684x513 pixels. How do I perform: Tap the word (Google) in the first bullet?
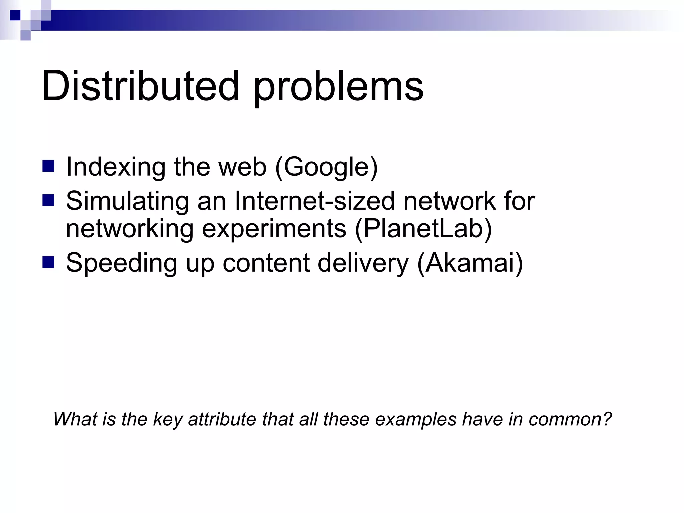coord(326,167)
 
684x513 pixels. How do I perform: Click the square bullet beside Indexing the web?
coord(48,166)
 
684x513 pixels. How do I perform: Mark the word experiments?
coord(274,230)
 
